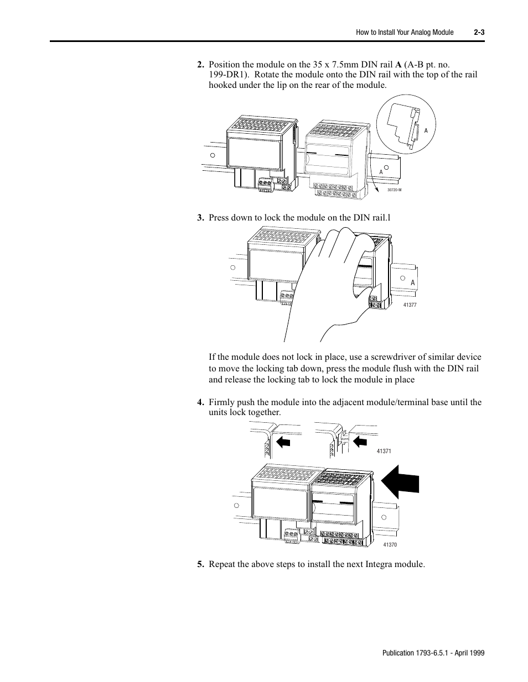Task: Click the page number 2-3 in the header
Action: point(479,33)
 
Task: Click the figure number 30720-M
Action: point(394,190)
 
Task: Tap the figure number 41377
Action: point(410,305)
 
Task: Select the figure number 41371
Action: point(384,452)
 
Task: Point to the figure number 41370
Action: point(390,545)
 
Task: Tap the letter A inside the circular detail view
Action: point(426,130)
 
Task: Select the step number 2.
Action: point(200,64)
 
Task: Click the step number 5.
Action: point(200,564)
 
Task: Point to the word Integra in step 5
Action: point(381,564)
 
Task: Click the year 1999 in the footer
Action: point(477,653)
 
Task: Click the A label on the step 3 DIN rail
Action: point(412,282)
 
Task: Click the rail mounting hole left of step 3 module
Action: point(233,267)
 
